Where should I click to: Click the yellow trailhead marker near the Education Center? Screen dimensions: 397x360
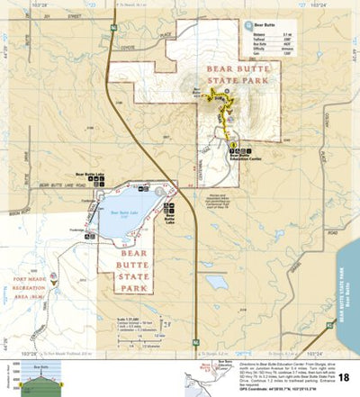[232, 145]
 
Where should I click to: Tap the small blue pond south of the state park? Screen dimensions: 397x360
[216, 282]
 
